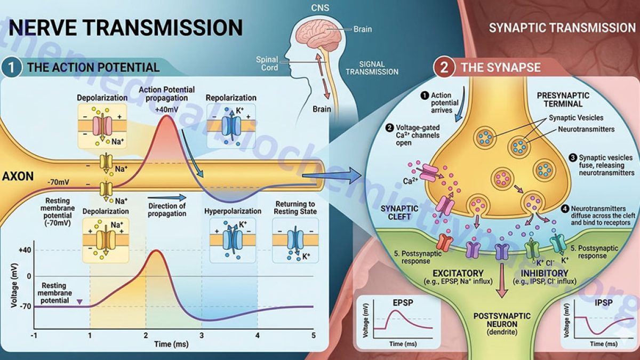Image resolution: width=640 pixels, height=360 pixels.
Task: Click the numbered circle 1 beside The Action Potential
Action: [x=11, y=68]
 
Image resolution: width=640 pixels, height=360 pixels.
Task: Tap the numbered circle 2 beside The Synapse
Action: [x=444, y=68]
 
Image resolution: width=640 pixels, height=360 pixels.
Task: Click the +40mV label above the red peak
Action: [x=166, y=110]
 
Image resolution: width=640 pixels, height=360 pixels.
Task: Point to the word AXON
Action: [x=18, y=177]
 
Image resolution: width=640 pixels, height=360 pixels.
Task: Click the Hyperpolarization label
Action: [x=233, y=211]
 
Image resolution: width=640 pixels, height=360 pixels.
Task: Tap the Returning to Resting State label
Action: [x=295, y=207]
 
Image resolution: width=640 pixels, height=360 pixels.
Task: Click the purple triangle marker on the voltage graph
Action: [x=80, y=302]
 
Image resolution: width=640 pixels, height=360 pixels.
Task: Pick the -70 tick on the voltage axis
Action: [x=25, y=307]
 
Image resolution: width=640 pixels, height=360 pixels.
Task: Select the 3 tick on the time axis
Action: [x=202, y=335]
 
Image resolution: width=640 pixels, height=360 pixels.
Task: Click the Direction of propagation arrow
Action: [x=167, y=197]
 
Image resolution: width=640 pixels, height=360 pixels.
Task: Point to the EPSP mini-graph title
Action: [x=403, y=302]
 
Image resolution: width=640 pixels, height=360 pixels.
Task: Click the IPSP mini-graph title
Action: [x=603, y=302]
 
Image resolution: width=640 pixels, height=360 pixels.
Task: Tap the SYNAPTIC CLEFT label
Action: [x=399, y=213]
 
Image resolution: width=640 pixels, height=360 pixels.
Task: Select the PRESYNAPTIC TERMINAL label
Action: [x=563, y=99]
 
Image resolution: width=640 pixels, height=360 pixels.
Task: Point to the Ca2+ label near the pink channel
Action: [x=410, y=181]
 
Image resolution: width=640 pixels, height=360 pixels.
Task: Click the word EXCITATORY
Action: [x=458, y=273]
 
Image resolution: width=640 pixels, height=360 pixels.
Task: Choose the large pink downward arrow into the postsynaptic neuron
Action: [x=502, y=280]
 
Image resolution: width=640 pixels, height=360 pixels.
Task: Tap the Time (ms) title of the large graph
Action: [x=171, y=344]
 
